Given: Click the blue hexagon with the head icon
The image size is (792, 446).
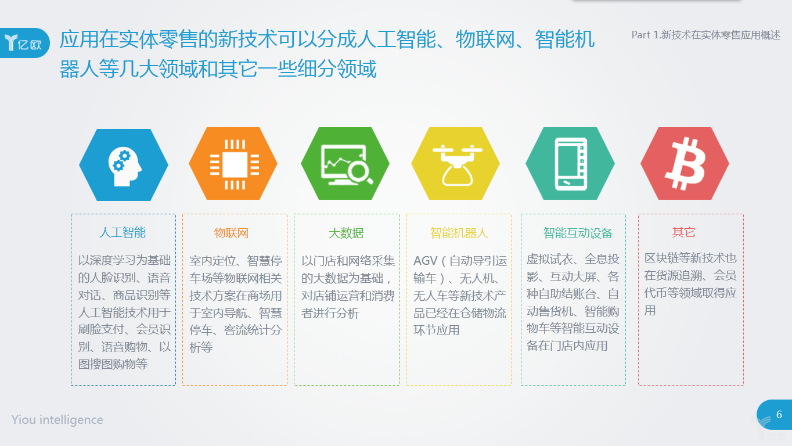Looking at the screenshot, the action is pyautogui.click(x=124, y=165).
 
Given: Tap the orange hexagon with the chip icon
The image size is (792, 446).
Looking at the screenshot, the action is pyautogui.click(x=233, y=163).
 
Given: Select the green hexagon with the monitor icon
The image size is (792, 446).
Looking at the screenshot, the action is pyautogui.click(x=345, y=163).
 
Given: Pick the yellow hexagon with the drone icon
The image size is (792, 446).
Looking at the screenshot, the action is pyautogui.click(x=455, y=163).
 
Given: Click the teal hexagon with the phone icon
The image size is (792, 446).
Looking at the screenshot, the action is pyautogui.click(x=570, y=163).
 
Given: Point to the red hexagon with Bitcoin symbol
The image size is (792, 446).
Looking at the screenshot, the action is pyautogui.click(x=685, y=163).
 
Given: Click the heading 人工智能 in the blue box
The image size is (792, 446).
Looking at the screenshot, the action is pyautogui.click(x=123, y=233).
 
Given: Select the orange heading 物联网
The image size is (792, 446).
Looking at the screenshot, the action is pyautogui.click(x=231, y=233).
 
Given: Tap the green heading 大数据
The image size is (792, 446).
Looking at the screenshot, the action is pyautogui.click(x=346, y=233).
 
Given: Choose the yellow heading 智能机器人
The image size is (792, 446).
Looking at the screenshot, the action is pyautogui.click(x=459, y=233).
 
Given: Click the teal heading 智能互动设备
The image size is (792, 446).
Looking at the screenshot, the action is pyautogui.click(x=578, y=233).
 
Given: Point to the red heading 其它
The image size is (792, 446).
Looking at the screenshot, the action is pyautogui.click(x=683, y=232).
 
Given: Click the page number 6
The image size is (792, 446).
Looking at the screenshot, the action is pyautogui.click(x=779, y=414).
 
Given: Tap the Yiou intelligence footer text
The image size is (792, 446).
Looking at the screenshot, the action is pyautogui.click(x=57, y=420).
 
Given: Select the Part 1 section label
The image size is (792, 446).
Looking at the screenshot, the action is pyautogui.click(x=706, y=35).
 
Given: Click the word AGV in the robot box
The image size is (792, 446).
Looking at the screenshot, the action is pyautogui.click(x=426, y=261).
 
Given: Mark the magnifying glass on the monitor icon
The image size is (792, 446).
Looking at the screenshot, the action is pyautogui.click(x=360, y=172).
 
